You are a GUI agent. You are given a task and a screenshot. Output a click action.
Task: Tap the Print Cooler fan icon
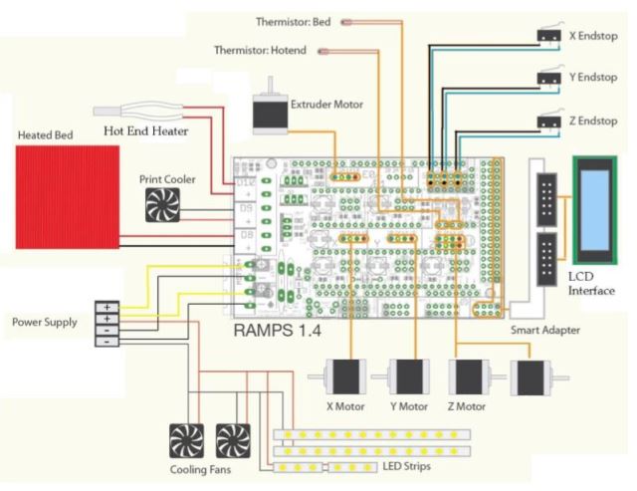(x=161, y=206)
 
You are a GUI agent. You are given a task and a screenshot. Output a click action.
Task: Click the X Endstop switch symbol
(x=545, y=35)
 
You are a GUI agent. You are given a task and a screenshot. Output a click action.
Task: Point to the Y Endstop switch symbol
(x=545, y=77)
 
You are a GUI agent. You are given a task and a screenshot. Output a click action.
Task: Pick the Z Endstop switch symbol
(x=545, y=121)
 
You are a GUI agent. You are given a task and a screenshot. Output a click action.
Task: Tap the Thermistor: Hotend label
(x=259, y=49)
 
